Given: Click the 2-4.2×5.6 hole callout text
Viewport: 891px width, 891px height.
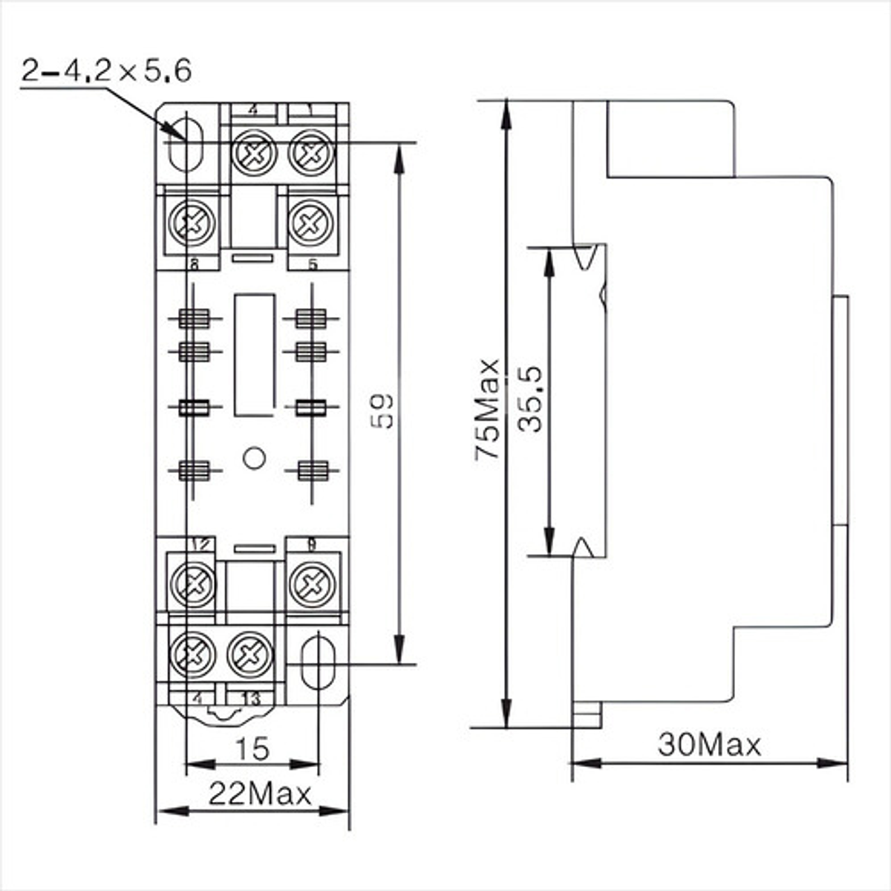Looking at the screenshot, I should tap(107, 71).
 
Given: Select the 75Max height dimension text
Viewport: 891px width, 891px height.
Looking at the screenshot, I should tap(489, 410).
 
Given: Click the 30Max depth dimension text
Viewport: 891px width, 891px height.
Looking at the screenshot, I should tap(709, 744).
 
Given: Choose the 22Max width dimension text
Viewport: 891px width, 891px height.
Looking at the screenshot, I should tap(259, 794).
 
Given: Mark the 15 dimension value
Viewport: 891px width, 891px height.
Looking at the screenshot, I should tap(252, 749).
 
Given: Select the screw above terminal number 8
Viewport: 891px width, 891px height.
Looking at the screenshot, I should tap(192, 222).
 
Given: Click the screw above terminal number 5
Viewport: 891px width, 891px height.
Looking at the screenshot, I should tap(309, 222).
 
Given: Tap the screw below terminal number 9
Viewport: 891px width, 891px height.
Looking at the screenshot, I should tap(311, 584).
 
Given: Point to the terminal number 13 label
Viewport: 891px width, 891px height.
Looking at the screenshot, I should tap(251, 698).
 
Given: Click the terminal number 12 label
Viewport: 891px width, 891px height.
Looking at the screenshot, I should tap(199, 544).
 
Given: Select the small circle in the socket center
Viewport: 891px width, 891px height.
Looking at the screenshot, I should tap(255, 458).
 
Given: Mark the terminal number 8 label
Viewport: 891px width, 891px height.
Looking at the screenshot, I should tap(194, 264).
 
